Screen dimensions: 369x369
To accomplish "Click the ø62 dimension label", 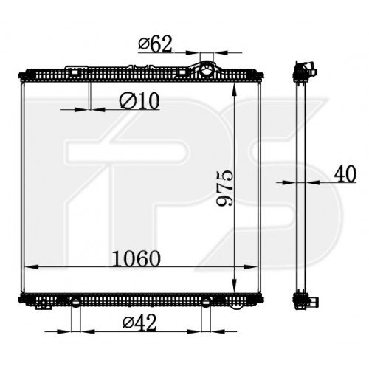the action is [155, 44].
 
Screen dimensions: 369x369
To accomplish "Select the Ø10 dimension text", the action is [139, 101].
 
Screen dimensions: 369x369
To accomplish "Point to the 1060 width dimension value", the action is [136, 259].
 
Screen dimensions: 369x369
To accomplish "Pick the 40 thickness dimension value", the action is [345, 174].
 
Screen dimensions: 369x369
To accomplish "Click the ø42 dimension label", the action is [139, 323].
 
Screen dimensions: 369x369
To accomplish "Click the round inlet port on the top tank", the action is [206, 70].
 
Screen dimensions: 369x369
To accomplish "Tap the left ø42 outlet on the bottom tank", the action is [75, 303].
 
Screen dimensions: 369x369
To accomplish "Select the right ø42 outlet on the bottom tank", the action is [206, 303].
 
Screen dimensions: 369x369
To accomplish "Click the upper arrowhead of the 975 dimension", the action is [234, 89].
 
